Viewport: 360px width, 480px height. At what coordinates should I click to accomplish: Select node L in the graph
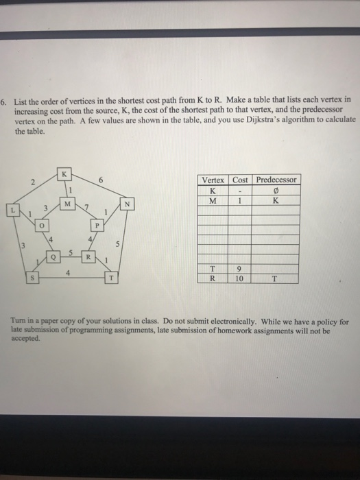(12, 206)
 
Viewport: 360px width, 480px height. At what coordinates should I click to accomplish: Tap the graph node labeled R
(89, 257)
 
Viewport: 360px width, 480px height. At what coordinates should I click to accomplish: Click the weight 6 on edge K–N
(101, 180)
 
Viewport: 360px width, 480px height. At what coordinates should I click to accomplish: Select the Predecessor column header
(275, 180)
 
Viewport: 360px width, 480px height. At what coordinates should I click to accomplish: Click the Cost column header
(240, 180)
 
